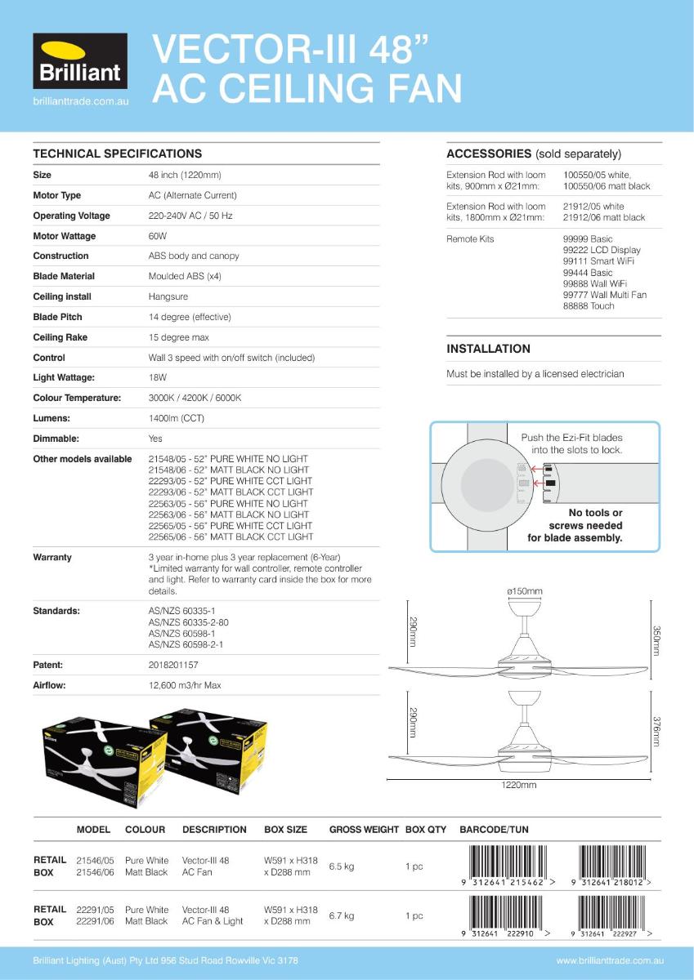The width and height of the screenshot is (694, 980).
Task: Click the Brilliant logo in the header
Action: tap(80, 62)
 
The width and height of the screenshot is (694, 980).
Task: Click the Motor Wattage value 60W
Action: tap(158, 236)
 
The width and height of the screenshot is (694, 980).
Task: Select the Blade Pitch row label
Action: tap(57, 317)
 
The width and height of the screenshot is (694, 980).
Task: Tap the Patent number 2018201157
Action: tap(173, 666)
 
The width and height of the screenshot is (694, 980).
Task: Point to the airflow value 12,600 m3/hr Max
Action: tap(185, 685)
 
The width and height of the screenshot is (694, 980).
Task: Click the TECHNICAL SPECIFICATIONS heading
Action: tap(117, 154)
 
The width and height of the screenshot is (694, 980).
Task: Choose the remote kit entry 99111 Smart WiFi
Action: tap(598, 261)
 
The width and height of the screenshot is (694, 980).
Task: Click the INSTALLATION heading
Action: tap(488, 349)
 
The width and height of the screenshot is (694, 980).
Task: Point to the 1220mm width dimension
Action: tap(519, 786)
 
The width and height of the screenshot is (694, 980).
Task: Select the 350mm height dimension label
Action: tap(656, 640)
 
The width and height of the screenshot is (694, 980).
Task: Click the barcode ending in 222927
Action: tap(614, 915)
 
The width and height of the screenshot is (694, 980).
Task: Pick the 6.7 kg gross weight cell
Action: tap(342, 915)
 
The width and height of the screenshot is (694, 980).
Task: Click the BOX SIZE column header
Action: tap(285, 830)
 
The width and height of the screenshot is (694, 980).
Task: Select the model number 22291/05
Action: tap(95, 910)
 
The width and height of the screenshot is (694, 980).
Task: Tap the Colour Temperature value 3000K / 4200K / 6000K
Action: tap(195, 398)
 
